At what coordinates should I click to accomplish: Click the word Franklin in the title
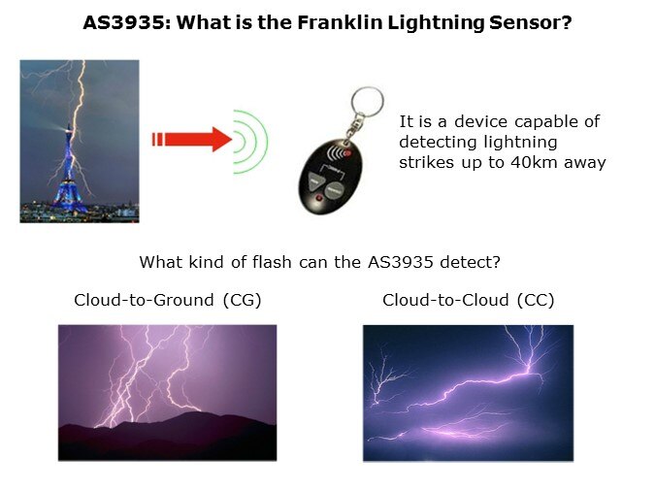coord(340,22)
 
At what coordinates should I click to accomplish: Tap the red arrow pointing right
coord(192,139)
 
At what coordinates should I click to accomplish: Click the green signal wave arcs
coord(249,142)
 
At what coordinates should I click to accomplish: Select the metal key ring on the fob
coord(367,103)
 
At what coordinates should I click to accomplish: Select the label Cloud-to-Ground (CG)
coord(168,300)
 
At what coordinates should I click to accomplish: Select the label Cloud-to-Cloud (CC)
coord(469,300)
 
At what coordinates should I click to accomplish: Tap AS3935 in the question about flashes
coord(400,262)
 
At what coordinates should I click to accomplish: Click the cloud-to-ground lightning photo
coord(167,393)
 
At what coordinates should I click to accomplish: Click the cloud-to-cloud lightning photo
coord(469,393)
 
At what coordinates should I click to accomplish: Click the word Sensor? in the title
coord(531,22)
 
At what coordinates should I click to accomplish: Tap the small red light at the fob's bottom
coord(319,198)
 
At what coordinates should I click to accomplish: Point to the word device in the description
coord(480,121)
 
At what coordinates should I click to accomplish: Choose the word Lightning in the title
coord(436,22)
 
